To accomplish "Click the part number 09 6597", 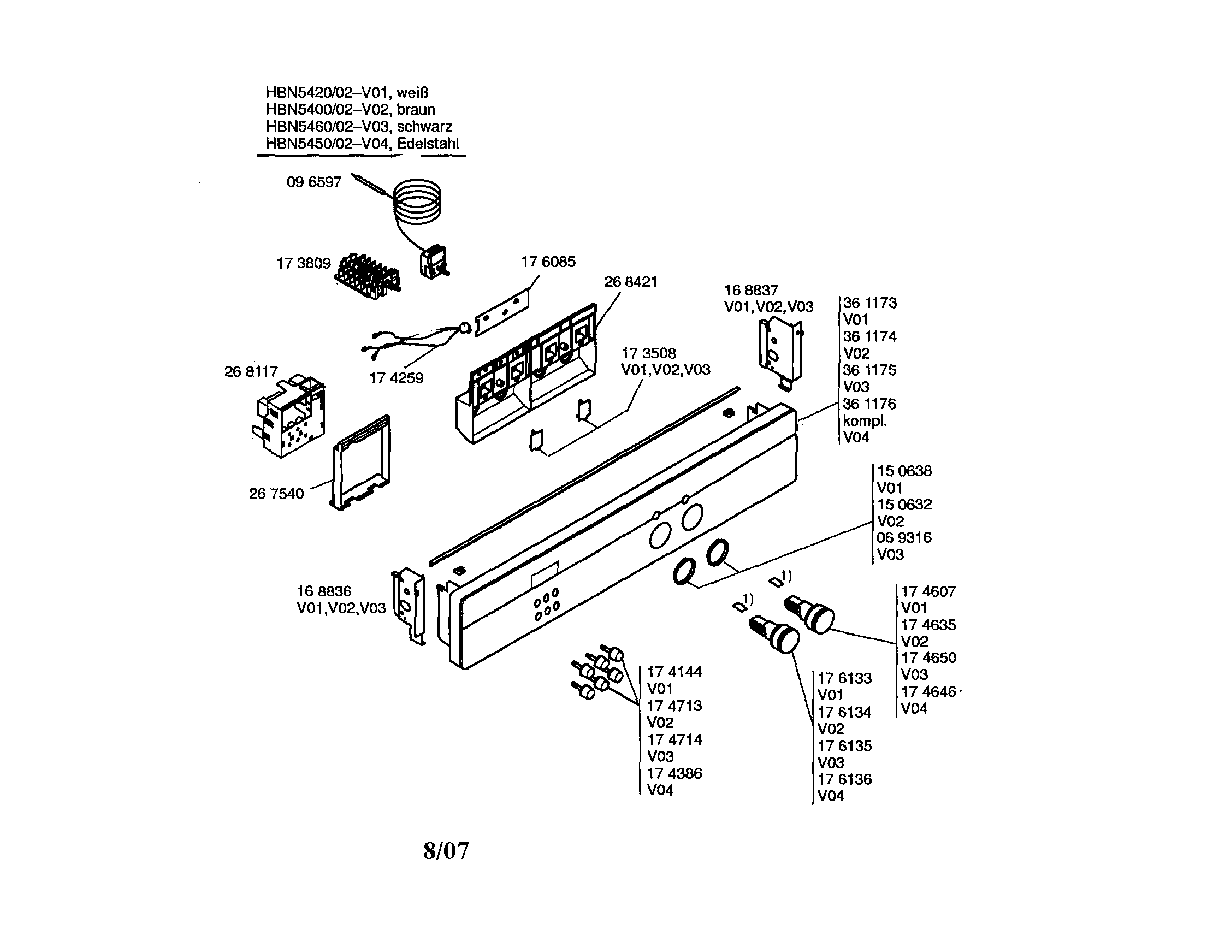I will tap(314, 182).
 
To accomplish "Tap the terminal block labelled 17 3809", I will tap(367, 276).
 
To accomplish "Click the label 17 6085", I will tap(548, 262).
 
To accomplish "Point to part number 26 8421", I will tap(630, 282).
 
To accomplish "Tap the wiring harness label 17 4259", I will tap(396, 378).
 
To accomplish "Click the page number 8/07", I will tap(446, 850).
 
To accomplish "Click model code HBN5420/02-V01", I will tap(327, 92).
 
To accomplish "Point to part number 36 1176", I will tap(869, 404).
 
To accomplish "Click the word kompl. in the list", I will tap(865, 421).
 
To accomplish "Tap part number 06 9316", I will tap(904, 538).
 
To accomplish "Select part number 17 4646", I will tap(928, 691).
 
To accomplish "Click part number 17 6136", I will tap(844, 779).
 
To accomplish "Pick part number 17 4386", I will tap(674, 773).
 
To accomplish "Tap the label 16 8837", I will tap(751, 290).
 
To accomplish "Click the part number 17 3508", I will tap(648, 353).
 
